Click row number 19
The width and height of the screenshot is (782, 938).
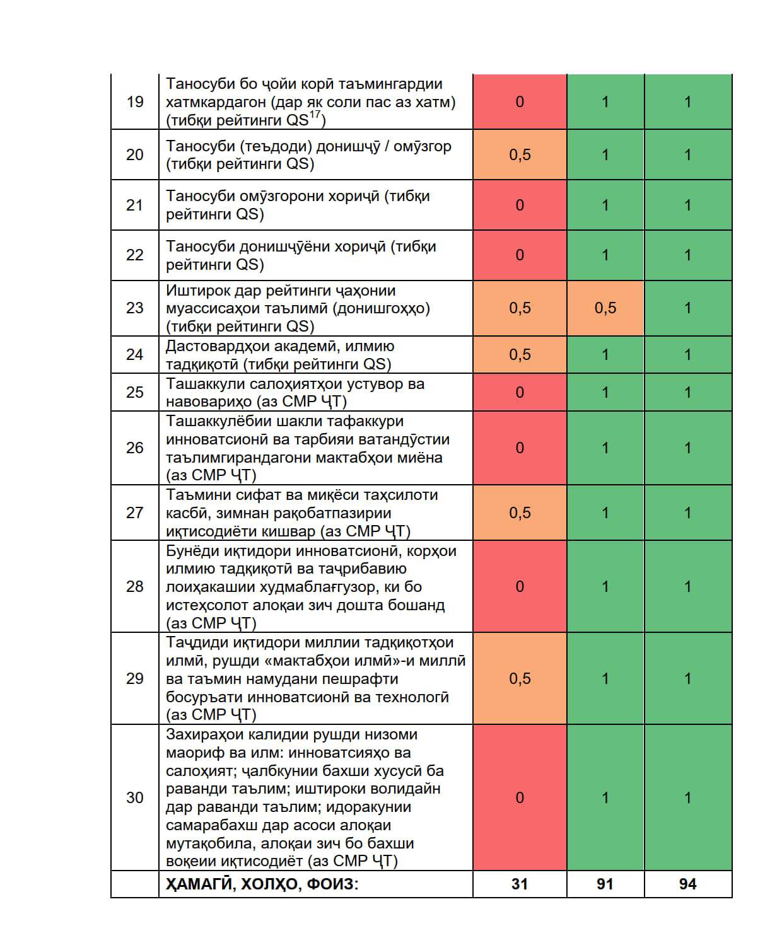coord(135,101)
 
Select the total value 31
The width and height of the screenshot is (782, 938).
coord(520,884)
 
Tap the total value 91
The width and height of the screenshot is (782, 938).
coord(605,884)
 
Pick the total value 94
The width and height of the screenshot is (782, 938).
coord(687,884)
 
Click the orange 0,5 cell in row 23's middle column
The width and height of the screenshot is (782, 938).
coord(605,308)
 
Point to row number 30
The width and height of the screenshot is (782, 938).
coord(135,797)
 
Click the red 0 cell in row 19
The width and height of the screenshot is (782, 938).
coord(520,101)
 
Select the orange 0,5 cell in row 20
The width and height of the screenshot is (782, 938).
coord(520,154)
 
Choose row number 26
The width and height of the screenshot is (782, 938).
coord(135,448)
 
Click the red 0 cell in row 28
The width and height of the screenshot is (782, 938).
coord(520,586)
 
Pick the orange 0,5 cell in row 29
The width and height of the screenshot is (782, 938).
coord(520,678)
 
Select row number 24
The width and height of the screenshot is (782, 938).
coord(135,354)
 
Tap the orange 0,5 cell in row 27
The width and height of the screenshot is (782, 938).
coord(520,512)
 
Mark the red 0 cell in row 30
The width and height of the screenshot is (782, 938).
coord(520,797)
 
